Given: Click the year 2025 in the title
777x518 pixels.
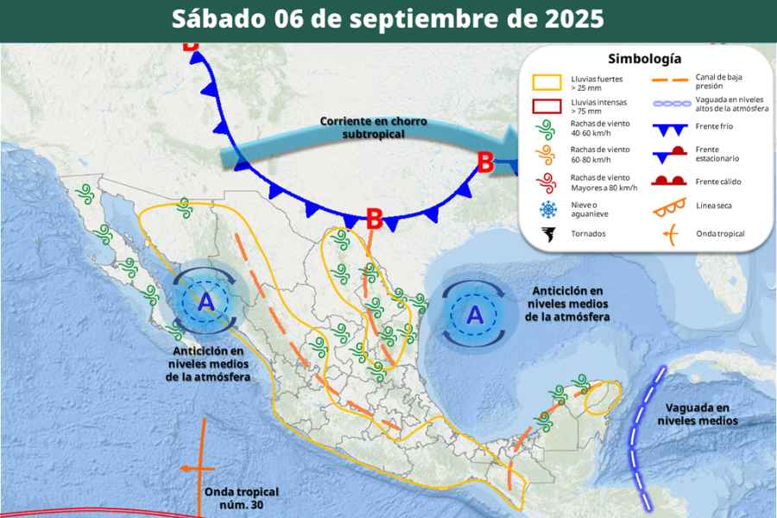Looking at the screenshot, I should click(x=573, y=19).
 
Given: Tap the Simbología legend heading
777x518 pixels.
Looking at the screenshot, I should click(x=645, y=59).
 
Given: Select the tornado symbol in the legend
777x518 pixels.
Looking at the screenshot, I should click(x=546, y=234).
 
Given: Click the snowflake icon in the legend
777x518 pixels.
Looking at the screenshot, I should click(x=546, y=208).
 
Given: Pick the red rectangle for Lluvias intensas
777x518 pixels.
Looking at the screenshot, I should click(x=546, y=106).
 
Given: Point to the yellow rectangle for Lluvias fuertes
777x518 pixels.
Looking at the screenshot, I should click(x=546, y=83).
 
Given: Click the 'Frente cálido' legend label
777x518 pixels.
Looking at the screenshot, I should click(x=718, y=181).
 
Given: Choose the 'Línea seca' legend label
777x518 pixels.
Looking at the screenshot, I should click(x=714, y=206).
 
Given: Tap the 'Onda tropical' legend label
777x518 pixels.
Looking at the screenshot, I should click(x=720, y=233).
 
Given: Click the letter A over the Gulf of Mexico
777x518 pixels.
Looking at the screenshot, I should click(x=475, y=316).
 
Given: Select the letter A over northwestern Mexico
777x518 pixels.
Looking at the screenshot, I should click(x=205, y=302).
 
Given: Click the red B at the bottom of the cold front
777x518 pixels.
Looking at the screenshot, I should click(x=374, y=219).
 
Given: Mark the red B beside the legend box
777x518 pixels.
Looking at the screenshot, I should click(x=486, y=161).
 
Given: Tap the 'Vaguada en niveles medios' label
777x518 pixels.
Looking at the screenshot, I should click(x=698, y=414).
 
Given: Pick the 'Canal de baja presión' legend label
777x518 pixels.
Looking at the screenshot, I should click(x=719, y=82).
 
